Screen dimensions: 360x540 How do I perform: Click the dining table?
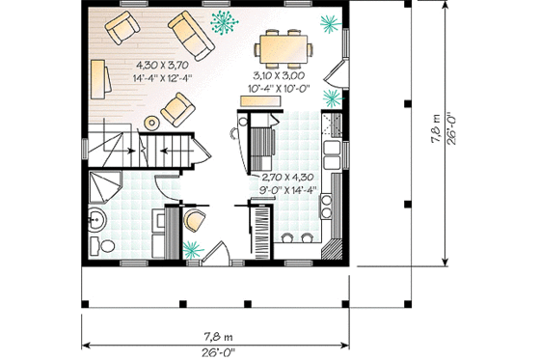click(x=283, y=45)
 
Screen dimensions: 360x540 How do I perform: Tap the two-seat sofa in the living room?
click(x=194, y=35)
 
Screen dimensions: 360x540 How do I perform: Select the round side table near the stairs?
click(x=152, y=121)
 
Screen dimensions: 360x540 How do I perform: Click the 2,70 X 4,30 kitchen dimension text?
click(x=287, y=178)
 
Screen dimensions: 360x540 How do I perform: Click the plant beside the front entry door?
click(x=192, y=250)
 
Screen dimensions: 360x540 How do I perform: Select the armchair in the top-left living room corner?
click(x=122, y=28)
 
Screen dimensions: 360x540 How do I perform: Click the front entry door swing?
click(x=216, y=254)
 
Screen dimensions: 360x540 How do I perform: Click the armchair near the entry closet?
click(x=194, y=221)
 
